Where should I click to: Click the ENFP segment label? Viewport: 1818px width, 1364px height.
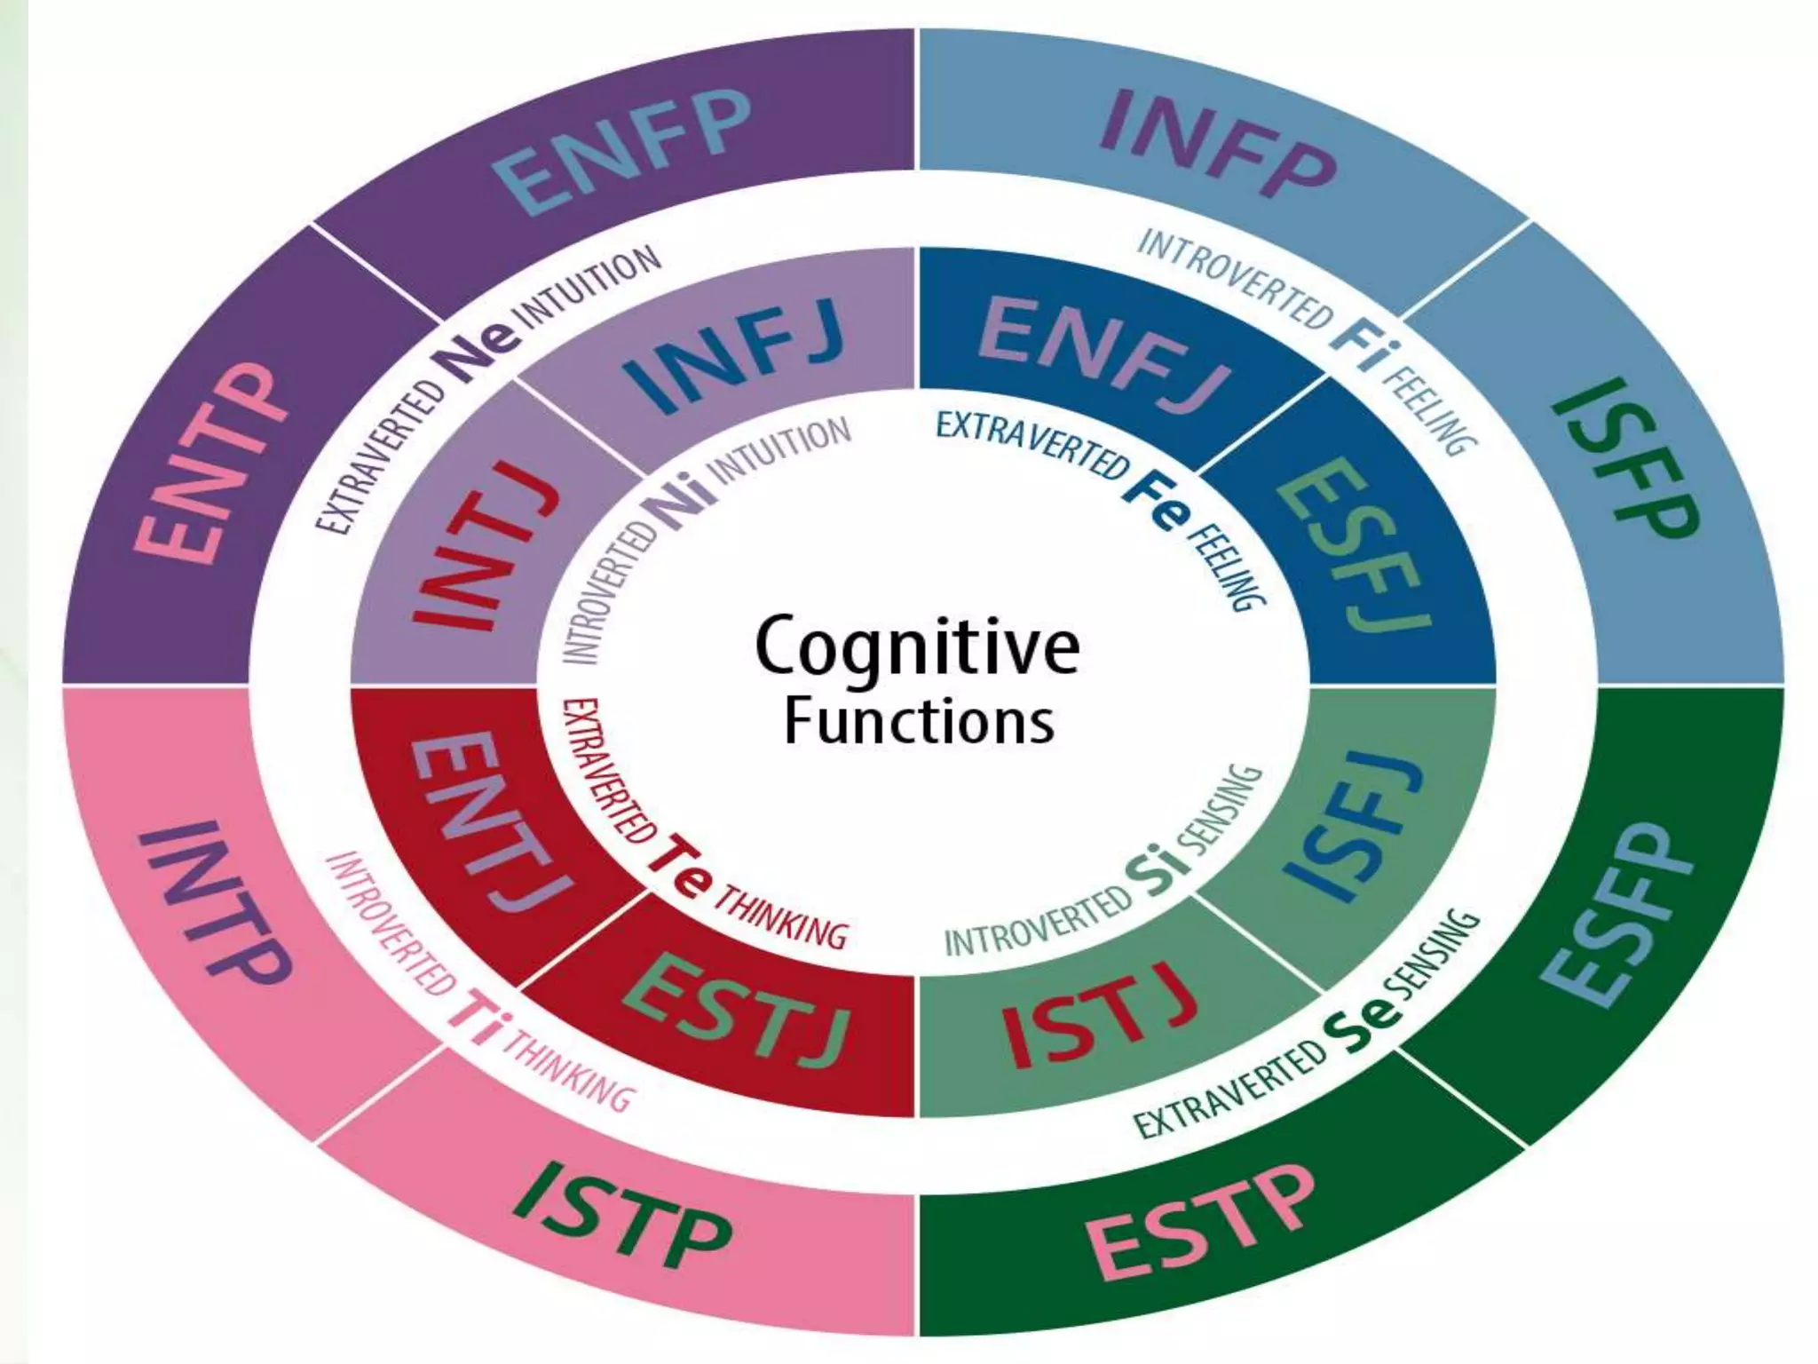point(623,149)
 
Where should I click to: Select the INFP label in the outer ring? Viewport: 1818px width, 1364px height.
point(1216,146)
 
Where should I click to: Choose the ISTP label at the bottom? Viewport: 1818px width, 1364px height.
point(621,1215)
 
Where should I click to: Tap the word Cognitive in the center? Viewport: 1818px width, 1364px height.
point(916,646)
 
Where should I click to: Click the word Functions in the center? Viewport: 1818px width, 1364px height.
point(920,721)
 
